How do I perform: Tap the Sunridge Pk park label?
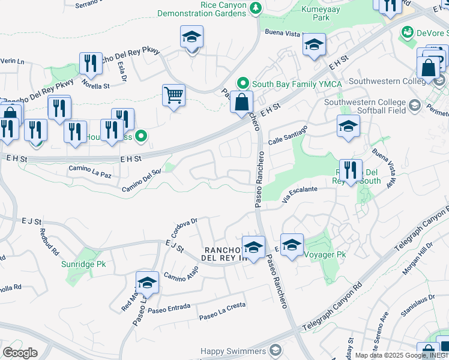(x=84, y=263)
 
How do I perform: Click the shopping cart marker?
(x=173, y=95)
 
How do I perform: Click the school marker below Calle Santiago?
(x=348, y=126)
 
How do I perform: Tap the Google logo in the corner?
(x=20, y=352)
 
